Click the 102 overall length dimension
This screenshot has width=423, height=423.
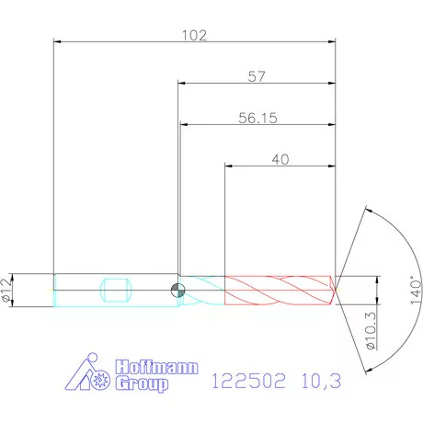click(x=194, y=35)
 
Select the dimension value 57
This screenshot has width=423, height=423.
click(x=257, y=77)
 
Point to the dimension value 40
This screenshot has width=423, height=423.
click(x=280, y=159)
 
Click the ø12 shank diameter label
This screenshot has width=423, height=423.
click(x=8, y=290)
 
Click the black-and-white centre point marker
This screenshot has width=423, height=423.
click(x=177, y=290)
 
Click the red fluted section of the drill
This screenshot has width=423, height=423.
click(x=276, y=290)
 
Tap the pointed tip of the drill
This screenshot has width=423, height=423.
click(x=336, y=290)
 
